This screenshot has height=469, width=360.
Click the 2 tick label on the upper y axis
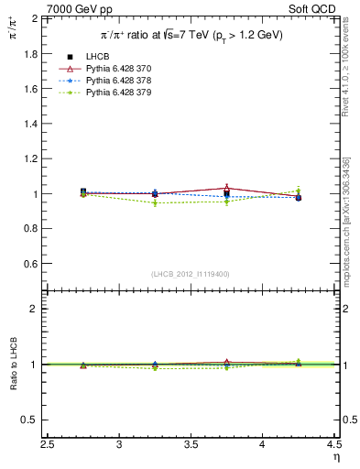pos(34,18)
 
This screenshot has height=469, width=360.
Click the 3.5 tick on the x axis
pos(191,445)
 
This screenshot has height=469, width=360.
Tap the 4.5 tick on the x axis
pos(334,445)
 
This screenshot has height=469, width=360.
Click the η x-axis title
pos(335,458)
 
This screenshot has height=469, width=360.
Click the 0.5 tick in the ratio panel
pos(29,420)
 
